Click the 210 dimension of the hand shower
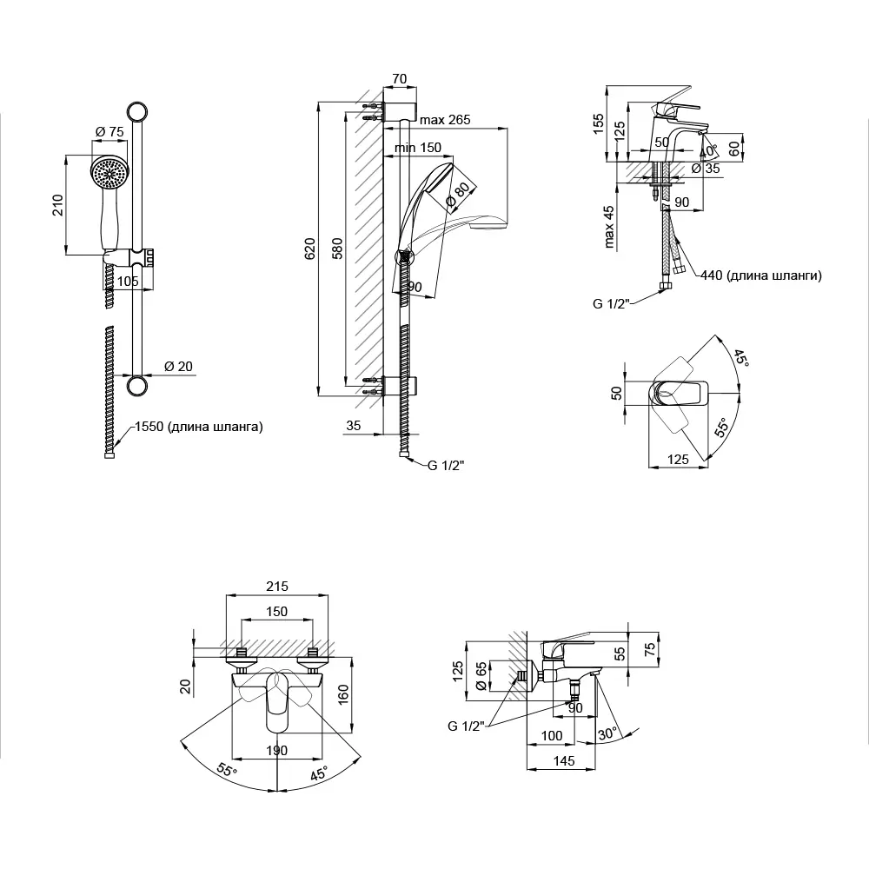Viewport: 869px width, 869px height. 57,206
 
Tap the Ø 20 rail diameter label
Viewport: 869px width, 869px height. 178,366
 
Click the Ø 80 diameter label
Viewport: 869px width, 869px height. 459,196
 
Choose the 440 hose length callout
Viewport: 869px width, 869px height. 760,275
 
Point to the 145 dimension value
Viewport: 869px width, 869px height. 563,761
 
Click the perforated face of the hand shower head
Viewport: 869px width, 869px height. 109,172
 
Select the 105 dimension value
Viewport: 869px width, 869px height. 128,281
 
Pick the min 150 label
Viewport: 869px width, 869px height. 417,148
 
